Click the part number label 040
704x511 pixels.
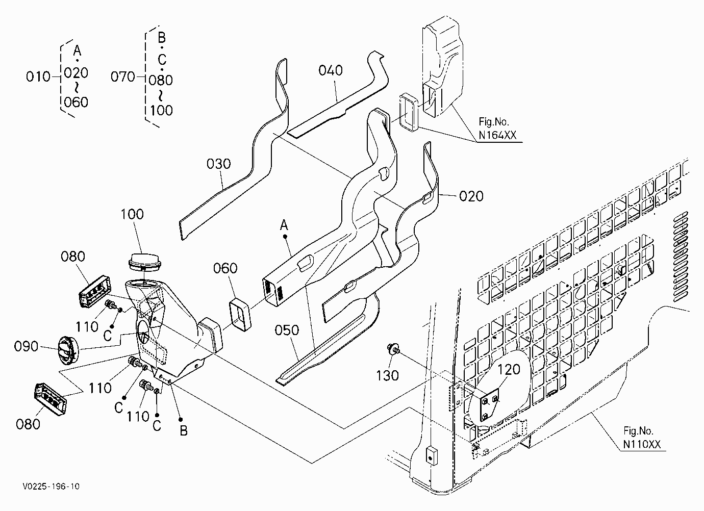[x=330, y=70]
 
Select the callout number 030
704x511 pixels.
[x=219, y=164]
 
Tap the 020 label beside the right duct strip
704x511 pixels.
[x=471, y=196]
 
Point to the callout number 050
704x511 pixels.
[x=287, y=330]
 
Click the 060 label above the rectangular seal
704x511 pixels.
[x=225, y=268]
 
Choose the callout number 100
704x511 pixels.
[x=132, y=214]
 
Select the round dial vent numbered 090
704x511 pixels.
[x=69, y=350]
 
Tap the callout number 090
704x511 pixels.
[x=26, y=347]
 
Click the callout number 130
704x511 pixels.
[x=388, y=375]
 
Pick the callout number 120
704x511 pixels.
[x=509, y=370]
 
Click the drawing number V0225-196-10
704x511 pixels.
[x=51, y=487]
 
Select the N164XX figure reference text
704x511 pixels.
[x=497, y=135]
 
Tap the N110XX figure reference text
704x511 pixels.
[x=642, y=444]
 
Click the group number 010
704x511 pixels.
[x=38, y=76]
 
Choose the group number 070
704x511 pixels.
[x=122, y=76]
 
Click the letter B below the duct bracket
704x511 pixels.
[x=184, y=430]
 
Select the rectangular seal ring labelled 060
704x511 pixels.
[x=240, y=315]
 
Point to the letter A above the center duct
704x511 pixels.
[x=284, y=225]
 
